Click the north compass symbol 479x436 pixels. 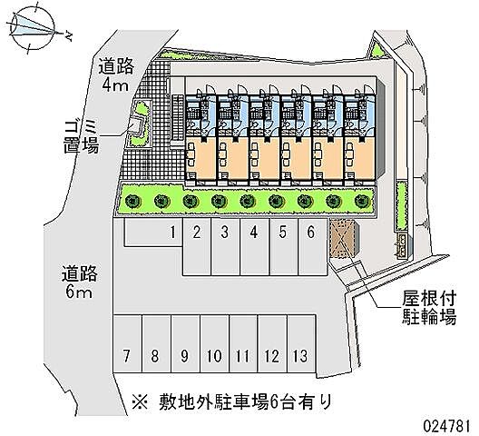click(x=33, y=29)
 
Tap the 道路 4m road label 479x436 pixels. click(x=116, y=75)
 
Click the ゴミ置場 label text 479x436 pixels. click(x=82, y=137)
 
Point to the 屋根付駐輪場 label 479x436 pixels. click(x=429, y=308)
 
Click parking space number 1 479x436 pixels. click(x=153, y=232)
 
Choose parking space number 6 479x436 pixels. click(x=312, y=246)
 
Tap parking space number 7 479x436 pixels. click(x=127, y=344)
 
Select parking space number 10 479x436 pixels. click(x=214, y=344)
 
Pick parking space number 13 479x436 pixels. click(x=301, y=344)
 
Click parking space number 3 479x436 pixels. click(x=226, y=246)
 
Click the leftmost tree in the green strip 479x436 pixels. click(x=132, y=201)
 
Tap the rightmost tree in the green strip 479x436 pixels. click(x=362, y=201)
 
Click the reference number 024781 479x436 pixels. click(x=446, y=426)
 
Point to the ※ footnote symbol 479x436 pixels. click(x=140, y=401)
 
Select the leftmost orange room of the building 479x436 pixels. click(x=201, y=158)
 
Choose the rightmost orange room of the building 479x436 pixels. click(x=360, y=158)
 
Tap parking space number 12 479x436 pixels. click(x=272, y=344)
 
